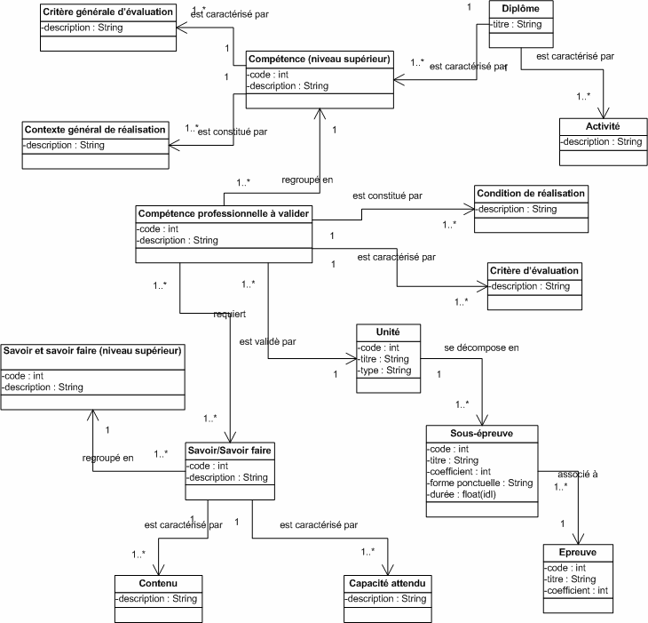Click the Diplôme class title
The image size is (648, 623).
[x=521, y=9]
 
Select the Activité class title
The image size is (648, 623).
[x=602, y=127]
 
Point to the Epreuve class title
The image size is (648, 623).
[x=577, y=552]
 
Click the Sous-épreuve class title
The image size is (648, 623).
[x=481, y=434]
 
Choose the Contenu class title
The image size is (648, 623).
[x=158, y=583]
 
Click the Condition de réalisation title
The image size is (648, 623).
[x=531, y=194]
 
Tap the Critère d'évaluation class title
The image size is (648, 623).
[x=533, y=270]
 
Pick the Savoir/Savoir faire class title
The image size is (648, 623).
[x=230, y=451]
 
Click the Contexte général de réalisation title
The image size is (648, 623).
[x=94, y=130]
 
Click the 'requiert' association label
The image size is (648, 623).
[x=229, y=314]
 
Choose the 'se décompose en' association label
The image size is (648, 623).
[x=481, y=347]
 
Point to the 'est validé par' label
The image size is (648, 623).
[x=267, y=340]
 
